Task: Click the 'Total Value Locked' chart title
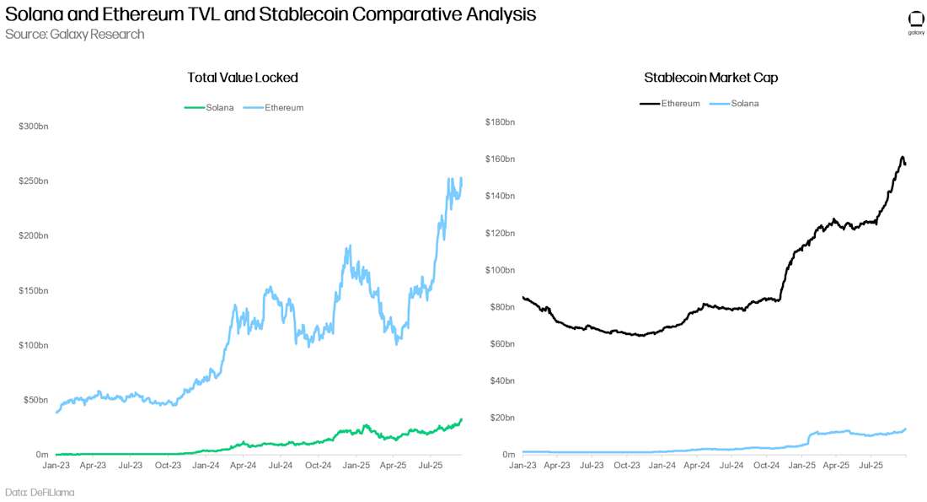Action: pyautogui.click(x=243, y=78)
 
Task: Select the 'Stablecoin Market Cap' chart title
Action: pyautogui.click(x=710, y=78)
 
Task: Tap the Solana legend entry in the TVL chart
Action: pyautogui.click(x=210, y=108)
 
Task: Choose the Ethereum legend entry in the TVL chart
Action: pyautogui.click(x=273, y=108)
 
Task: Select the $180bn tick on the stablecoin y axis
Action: pyautogui.click(x=501, y=122)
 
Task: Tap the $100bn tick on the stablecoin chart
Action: pyautogui.click(x=501, y=270)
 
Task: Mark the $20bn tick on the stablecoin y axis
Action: pyautogui.click(x=502, y=418)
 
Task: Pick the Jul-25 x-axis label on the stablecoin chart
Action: pyautogui.click(x=871, y=465)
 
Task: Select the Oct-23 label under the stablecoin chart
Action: pyautogui.click(x=626, y=465)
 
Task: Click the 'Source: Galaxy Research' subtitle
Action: pyautogui.click(x=74, y=35)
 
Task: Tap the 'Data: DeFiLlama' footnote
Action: pyautogui.click(x=40, y=492)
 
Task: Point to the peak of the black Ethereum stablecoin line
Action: pyautogui.click(x=903, y=158)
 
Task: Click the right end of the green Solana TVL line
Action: pyautogui.click(x=461, y=419)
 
